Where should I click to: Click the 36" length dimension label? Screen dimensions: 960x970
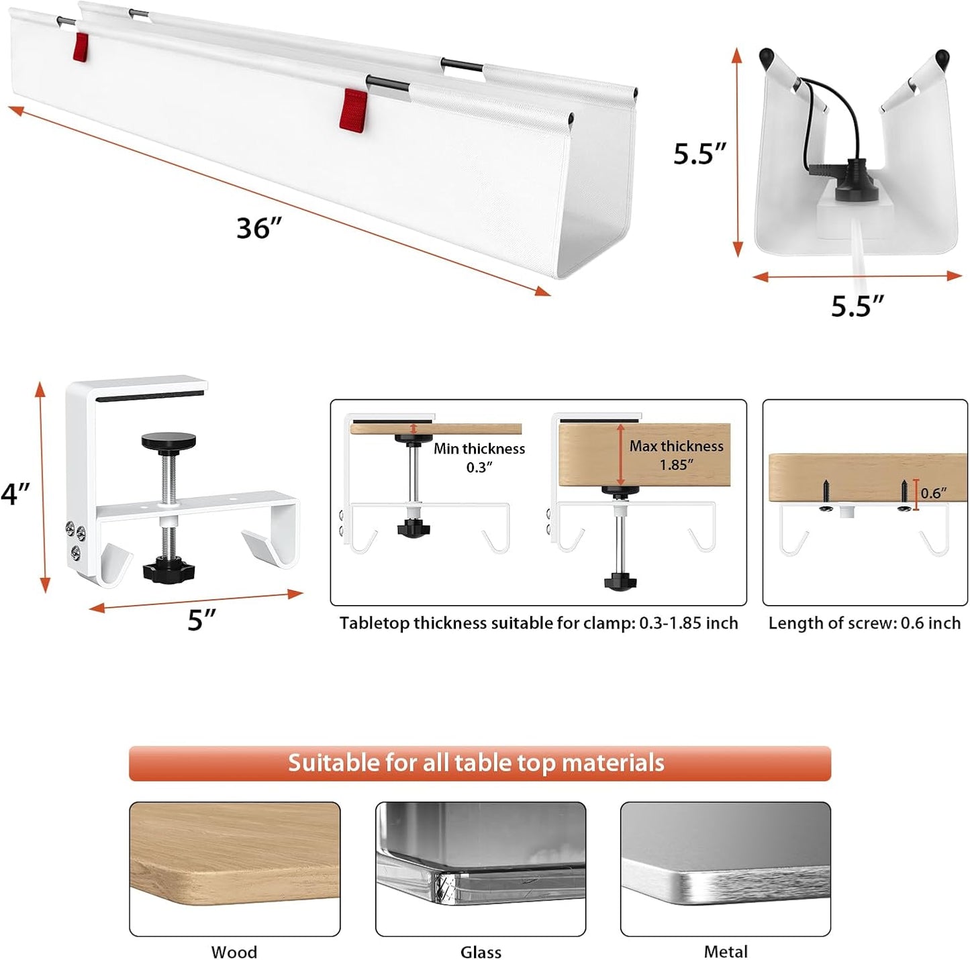pos(258,228)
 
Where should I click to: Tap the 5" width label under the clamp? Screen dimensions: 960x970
pos(201,620)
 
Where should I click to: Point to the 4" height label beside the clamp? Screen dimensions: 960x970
pos(15,494)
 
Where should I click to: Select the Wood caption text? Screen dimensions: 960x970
pos(234,951)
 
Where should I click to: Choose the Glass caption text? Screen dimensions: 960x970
pos(481,951)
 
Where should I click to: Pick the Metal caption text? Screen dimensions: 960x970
pos(726,951)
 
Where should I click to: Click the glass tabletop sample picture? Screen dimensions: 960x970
pos(481,868)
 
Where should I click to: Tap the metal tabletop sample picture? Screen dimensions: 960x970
pos(726,868)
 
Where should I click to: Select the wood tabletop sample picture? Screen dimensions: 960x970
pos(234,868)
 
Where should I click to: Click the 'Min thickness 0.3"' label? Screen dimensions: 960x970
pos(479,458)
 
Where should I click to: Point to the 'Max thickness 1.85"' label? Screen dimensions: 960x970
pos(676,455)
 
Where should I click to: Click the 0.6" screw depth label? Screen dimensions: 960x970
pos(934,493)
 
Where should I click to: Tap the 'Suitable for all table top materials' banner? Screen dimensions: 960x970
pos(479,763)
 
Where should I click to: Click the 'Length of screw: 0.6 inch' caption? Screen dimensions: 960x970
pos(864,623)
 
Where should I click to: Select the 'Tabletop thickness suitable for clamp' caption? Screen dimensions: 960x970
pos(538,623)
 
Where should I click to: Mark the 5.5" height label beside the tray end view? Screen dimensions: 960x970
pos(700,154)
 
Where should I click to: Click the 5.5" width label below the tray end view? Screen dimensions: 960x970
pos(857,306)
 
